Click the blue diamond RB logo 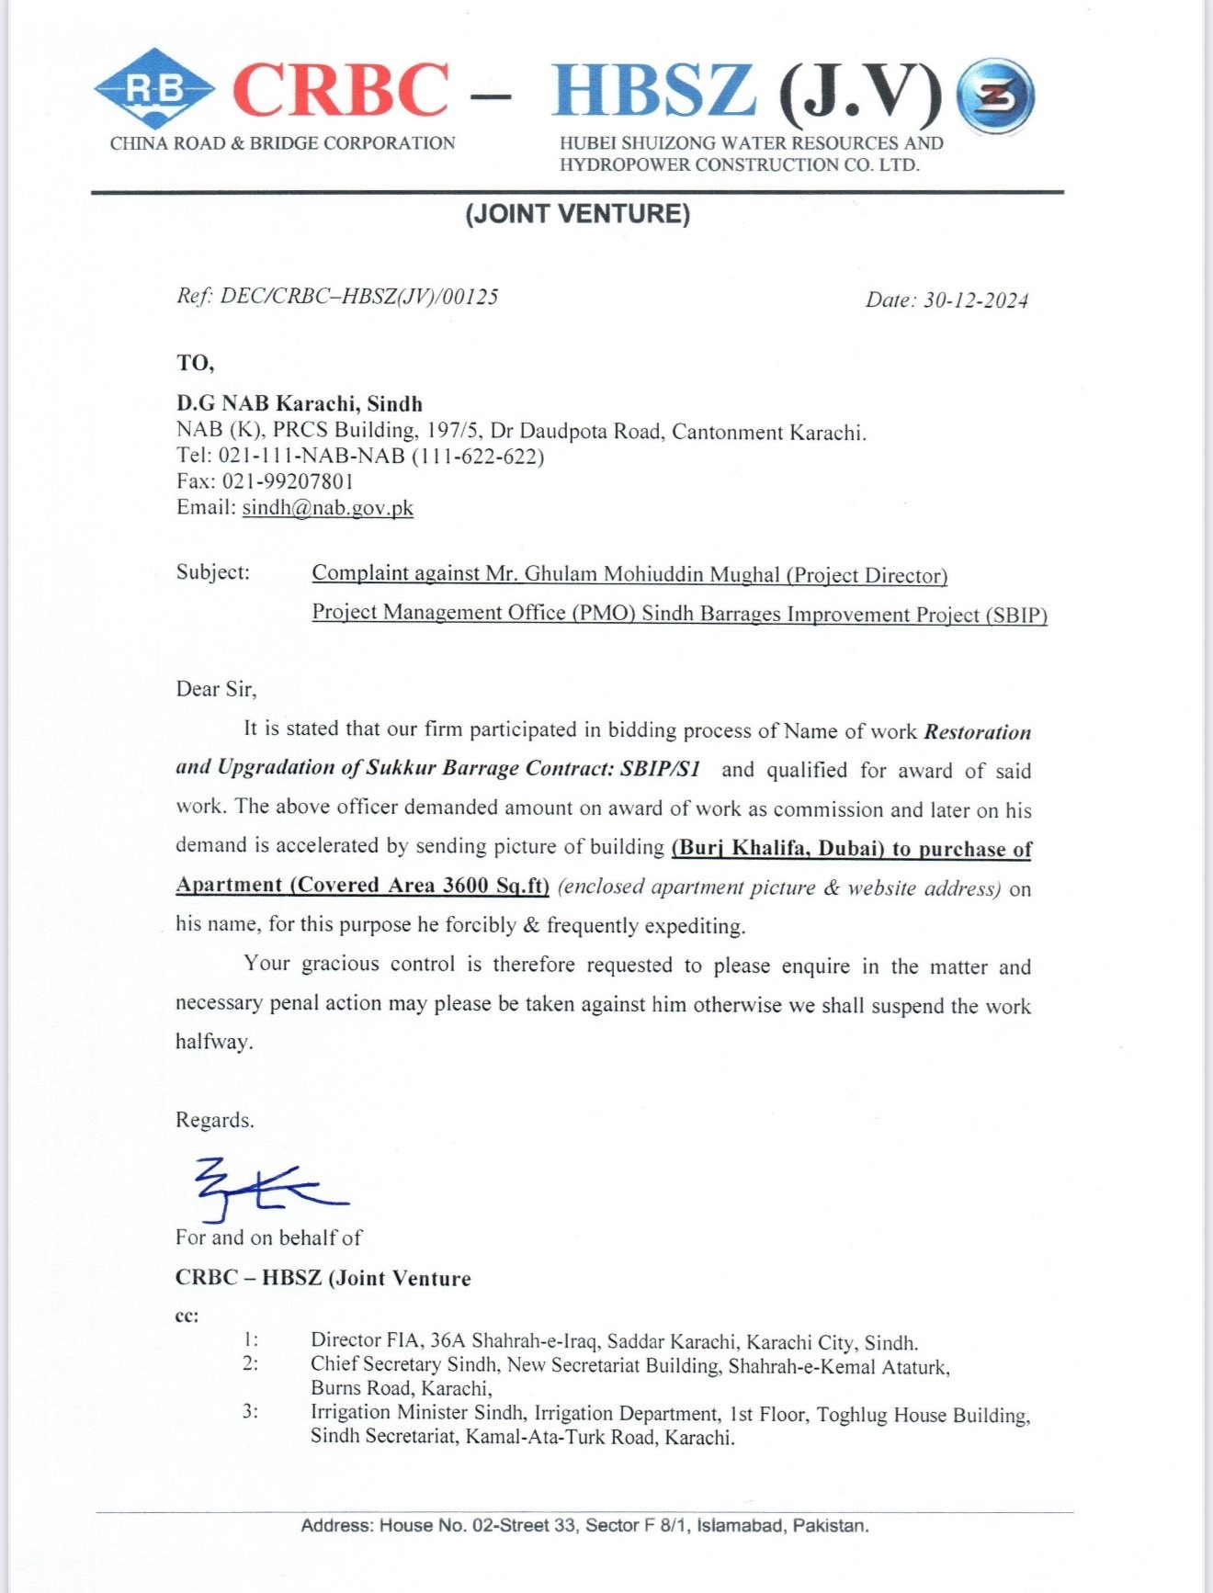[153, 89]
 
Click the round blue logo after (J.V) [995, 96]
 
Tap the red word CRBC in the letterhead [340, 90]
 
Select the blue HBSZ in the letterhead [653, 90]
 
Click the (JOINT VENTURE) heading [577, 214]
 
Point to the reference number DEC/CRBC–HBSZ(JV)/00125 [358, 296]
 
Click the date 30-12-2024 [975, 300]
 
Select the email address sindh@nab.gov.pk [327, 508]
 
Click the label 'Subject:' [213, 572]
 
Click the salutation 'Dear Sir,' [216, 689]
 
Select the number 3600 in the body [467, 886]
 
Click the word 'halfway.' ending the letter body [214, 1042]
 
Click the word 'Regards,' [215, 1120]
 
